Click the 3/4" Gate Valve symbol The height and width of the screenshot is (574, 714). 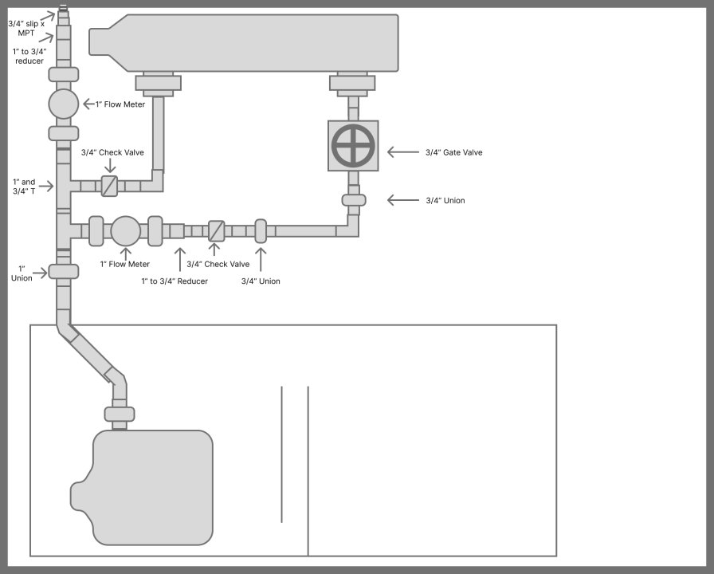pyautogui.click(x=353, y=146)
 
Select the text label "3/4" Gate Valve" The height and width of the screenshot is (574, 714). pyautogui.click(x=454, y=152)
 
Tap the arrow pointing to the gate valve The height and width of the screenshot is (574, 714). pyautogui.click(x=402, y=151)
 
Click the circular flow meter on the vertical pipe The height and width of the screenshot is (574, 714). pyautogui.click(x=64, y=104)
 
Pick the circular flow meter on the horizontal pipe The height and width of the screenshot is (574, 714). pyautogui.click(x=125, y=230)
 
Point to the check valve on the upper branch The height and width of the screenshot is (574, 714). pyautogui.click(x=109, y=186)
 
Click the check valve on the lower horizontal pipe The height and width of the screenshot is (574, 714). pyautogui.click(x=216, y=231)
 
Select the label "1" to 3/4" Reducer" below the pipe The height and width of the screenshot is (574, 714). pyautogui.click(x=175, y=281)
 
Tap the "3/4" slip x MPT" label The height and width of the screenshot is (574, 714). pyautogui.click(x=25, y=29)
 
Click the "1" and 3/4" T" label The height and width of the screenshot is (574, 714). pyautogui.click(x=25, y=187)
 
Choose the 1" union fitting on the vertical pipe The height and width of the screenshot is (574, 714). pyautogui.click(x=64, y=271)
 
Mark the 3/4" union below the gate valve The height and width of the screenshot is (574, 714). pyautogui.click(x=354, y=199)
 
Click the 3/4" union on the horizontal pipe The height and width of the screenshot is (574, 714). pyautogui.click(x=261, y=231)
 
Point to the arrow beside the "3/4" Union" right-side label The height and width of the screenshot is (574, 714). pyautogui.click(x=402, y=200)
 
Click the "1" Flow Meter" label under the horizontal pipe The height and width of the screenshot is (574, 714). pyautogui.click(x=124, y=264)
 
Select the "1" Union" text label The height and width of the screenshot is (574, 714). pyautogui.click(x=22, y=273)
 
